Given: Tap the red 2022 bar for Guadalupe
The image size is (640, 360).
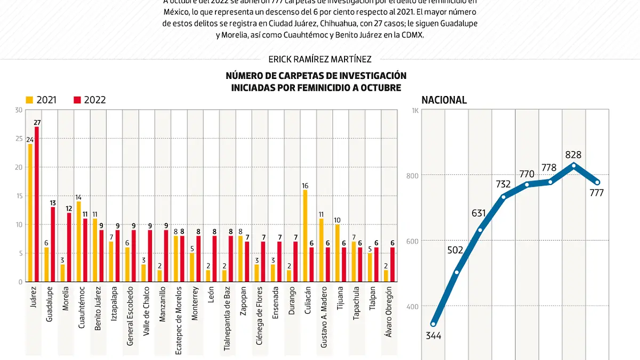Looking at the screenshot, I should pos(53,244).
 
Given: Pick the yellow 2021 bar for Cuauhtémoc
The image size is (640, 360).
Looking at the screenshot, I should pos(79,241).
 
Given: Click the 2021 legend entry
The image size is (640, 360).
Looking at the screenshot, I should pos(41,100).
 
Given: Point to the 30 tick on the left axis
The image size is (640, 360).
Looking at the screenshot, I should pos(19,110).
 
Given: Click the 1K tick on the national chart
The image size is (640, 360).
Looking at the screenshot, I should pos(415,110).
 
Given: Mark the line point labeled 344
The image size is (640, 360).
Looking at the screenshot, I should pos(434,324).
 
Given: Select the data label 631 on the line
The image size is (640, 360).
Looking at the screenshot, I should pos(479,214).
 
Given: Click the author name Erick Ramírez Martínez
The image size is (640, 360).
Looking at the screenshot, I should pos(320,59).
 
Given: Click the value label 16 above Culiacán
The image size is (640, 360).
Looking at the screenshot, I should pos(305,186).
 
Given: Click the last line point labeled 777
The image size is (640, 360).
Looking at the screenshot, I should pos(597,182).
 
